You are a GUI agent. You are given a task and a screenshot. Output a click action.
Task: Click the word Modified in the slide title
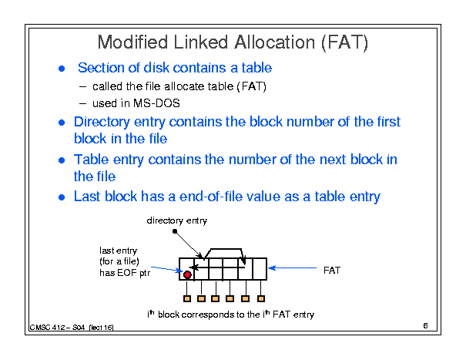coord(132,42)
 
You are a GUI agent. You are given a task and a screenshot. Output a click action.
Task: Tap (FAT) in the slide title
coord(345,42)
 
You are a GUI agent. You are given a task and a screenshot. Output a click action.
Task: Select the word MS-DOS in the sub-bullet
coord(156,103)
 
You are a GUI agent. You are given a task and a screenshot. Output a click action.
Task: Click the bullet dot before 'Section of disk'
coord(62,69)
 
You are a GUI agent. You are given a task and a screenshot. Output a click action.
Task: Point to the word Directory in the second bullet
coord(102,123)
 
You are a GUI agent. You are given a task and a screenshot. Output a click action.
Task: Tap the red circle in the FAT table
coord(187,274)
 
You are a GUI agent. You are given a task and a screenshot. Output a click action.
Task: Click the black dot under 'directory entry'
coord(175,231)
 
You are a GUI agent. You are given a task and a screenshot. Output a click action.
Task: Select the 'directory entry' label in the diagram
coord(177,220)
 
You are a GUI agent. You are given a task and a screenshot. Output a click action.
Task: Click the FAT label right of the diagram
coord(332,271)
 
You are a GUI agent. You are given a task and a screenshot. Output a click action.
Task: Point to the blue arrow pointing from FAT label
coord(293,268)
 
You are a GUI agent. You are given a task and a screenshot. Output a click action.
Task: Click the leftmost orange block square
coord(187,298)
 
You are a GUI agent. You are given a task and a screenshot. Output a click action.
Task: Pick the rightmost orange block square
coord(261,298)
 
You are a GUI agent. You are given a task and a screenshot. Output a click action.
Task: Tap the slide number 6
coord(425,326)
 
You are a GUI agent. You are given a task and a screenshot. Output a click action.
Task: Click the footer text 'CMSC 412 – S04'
coord(57,328)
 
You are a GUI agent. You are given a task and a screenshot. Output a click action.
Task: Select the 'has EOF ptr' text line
coord(125,273)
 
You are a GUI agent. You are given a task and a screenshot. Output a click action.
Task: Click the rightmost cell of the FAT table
coord(260,269)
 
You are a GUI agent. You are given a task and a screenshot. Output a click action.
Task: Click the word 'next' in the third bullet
coord(333,160)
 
